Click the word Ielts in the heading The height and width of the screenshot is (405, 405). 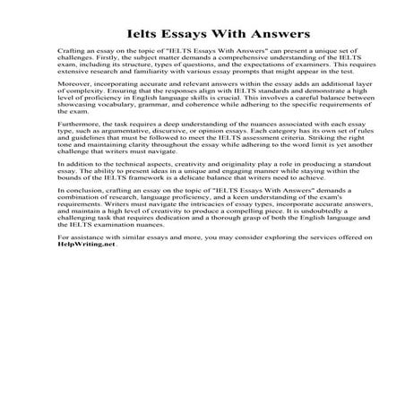125,34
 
